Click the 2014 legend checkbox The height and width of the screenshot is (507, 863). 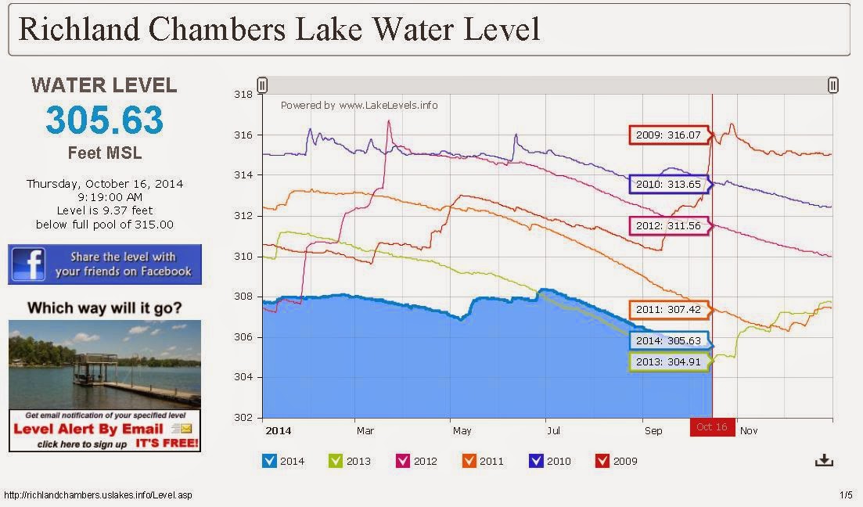(x=269, y=461)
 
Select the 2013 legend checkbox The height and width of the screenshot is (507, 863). (x=336, y=461)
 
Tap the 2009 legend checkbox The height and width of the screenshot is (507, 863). (x=602, y=461)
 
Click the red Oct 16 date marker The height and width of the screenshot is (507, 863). (x=712, y=427)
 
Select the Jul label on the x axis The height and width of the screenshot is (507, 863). (x=553, y=430)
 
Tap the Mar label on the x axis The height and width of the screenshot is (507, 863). (x=365, y=430)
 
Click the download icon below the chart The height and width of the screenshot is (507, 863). (x=824, y=460)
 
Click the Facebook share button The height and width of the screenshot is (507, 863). (x=105, y=264)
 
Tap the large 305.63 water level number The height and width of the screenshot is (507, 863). (x=104, y=120)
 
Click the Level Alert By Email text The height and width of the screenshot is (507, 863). (x=89, y=429)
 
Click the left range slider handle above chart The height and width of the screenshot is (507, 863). (x=263, y=85)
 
